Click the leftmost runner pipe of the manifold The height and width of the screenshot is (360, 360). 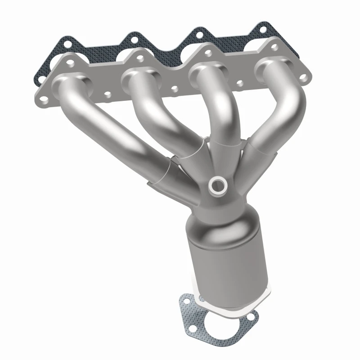pyautogui.click(x=112, y=121)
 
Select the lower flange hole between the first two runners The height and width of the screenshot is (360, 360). pyautogui.click(x=108, y=95)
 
